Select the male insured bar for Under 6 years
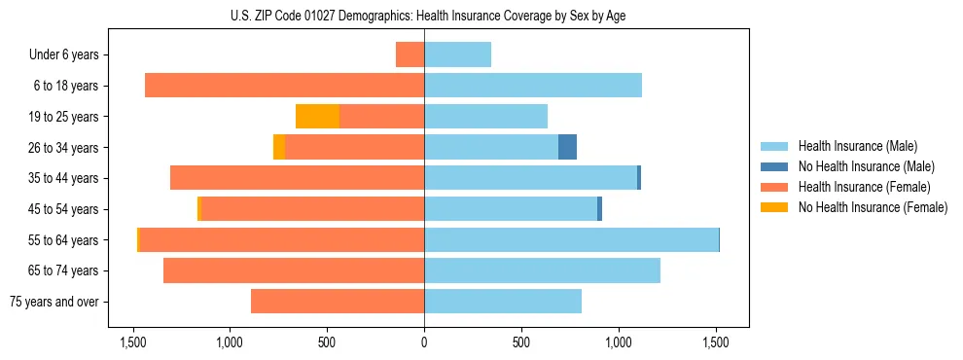457,54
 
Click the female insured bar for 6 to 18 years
284,86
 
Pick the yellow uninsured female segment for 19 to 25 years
317,117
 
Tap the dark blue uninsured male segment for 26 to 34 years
567,147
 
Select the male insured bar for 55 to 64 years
571,239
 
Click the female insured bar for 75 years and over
338,302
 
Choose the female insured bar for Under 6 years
410,54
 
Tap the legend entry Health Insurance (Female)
864,187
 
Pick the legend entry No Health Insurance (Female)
873,207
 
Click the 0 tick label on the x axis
424,342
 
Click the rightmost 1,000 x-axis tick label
619,342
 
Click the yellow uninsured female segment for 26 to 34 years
279,147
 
